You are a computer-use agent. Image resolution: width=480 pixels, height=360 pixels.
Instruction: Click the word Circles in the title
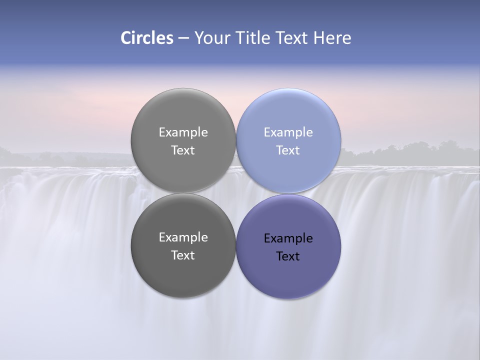(x=146, y=38)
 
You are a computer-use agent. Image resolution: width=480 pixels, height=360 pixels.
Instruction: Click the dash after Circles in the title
(x=183, y=38)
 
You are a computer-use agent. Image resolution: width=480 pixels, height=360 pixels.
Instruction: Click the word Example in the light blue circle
(x=288, y=132)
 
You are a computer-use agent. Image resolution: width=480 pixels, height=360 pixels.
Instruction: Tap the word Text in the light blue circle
(x=288, y=150)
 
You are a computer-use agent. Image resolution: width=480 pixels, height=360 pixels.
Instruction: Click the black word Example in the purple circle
(x=288, y=238)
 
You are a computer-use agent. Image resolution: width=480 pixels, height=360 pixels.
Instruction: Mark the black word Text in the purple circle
(x=288, y=256)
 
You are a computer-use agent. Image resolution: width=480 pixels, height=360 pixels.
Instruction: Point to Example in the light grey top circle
(x=183, y=132)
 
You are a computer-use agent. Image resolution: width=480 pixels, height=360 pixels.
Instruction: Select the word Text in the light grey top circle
(x=183, y=150)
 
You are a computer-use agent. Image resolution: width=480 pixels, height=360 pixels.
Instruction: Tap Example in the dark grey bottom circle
(x=183, y=237)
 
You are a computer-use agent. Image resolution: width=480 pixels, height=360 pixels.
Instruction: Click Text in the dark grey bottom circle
(x=183, y=255)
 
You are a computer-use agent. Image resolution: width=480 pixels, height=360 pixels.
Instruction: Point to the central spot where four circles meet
(x=236, y=193)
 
